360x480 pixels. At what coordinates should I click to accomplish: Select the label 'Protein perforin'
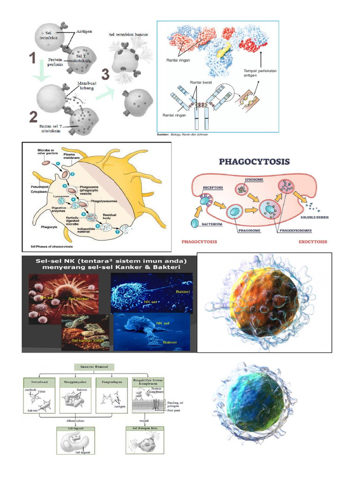(x=58, y=62)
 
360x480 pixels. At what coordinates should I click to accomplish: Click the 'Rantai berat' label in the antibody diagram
(x=201, y=82)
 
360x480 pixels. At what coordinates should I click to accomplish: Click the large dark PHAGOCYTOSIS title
(x=255, y=162)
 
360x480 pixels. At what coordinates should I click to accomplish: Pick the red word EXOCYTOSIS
(x=312, y=242)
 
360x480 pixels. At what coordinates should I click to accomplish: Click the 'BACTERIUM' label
(x=212, y=224)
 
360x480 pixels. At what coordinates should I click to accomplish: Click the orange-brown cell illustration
(x=263, y=302)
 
